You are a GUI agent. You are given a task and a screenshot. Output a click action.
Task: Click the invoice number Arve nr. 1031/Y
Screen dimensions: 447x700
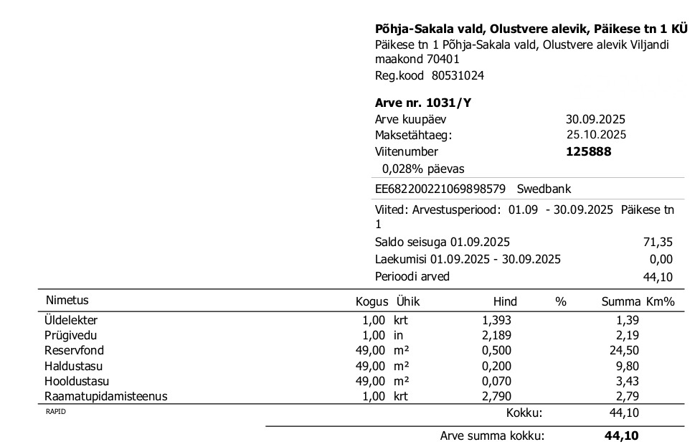tap(423, 103)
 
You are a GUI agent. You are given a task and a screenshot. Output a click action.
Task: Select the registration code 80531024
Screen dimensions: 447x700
tap(458, 75)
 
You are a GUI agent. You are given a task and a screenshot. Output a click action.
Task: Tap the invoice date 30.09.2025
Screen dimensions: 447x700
tap(595, 120)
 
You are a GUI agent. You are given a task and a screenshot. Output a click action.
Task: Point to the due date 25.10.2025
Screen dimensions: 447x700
tap(596, 135)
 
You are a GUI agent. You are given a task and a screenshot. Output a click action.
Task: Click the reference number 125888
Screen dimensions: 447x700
tap(588, 151)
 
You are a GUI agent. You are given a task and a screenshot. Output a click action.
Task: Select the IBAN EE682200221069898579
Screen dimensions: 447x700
tap(440, 189)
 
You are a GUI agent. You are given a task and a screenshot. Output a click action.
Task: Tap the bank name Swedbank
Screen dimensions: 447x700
tap(544, 189)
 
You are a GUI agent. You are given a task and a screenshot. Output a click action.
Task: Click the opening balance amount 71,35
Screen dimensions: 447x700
tap(658, 242)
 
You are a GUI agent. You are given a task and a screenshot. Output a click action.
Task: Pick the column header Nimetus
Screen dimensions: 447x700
tap(67, 301)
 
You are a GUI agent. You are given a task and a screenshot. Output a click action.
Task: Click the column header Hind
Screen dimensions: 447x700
tap(505, 302)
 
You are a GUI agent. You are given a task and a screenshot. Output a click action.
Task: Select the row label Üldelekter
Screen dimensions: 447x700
tap(71, 320)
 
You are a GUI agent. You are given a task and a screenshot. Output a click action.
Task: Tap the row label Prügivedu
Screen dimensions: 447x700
tap(70, 335)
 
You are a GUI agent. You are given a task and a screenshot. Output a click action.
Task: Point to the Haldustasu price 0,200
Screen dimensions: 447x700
tap(497, 366)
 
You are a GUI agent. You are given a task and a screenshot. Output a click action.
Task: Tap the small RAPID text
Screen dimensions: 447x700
tap(55, 411)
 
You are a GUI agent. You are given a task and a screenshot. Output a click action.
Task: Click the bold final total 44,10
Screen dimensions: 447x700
tap(621, 436)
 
